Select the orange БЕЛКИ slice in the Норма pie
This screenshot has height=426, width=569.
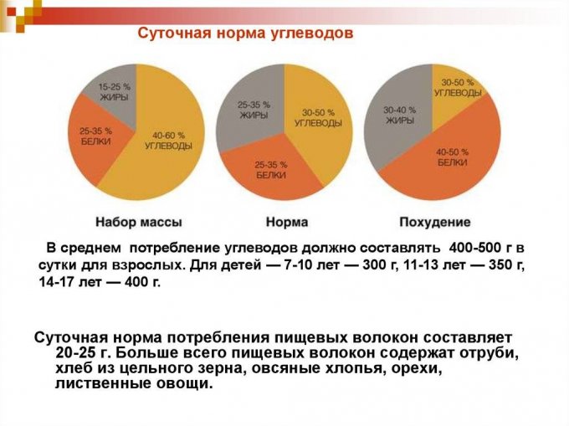pos(272,167)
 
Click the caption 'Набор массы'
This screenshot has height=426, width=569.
pos(139,223)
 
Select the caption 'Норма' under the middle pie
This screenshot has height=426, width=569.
pos(286,223)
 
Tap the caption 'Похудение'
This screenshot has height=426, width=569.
pos(435,223)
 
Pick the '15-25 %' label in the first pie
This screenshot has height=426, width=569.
pos(113,86)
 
